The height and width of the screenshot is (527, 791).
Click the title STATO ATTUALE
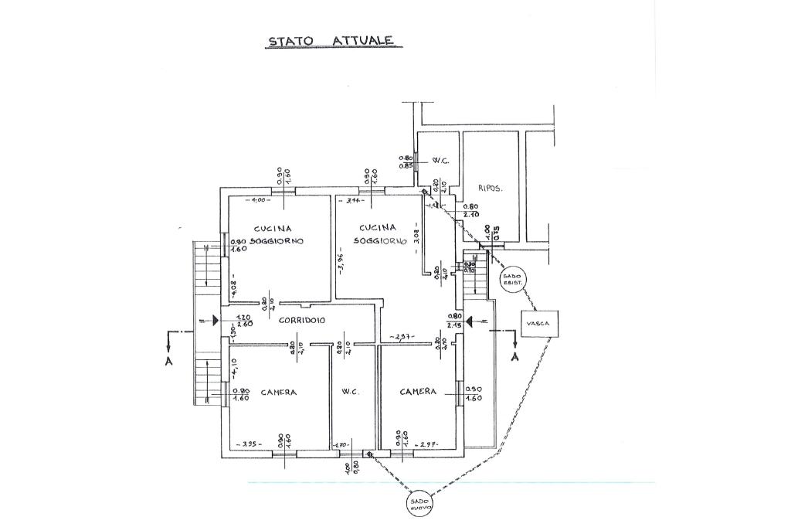pyautogui.click(x=331, y=40)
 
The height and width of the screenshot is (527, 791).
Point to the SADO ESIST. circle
pyautogui.click(x=512, y=277)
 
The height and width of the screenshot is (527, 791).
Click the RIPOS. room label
pyautogui.click(x=491, y=188)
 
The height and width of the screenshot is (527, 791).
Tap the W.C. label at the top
pyautogui.click(x=441, y=161)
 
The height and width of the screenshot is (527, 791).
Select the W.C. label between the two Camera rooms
pyautogui.click(x=349, y=393)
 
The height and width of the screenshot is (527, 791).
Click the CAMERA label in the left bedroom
pyautogui.click(x=278, y=393)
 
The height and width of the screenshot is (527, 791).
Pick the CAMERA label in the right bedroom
pyautogui.click(x=418, y=392)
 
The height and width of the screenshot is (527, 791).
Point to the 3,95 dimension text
pyautogui.click(x=249, y=444)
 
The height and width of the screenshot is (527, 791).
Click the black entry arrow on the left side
pyautogui.click(x=216, y=318)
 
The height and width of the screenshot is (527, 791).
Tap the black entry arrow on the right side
pyautogui.click(x=470, y=319)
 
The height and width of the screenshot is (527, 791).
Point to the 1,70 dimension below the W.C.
pyautogui.click(x=341, y=445)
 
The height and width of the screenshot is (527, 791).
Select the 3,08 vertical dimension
pyautogui.click(x=416, y=236)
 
